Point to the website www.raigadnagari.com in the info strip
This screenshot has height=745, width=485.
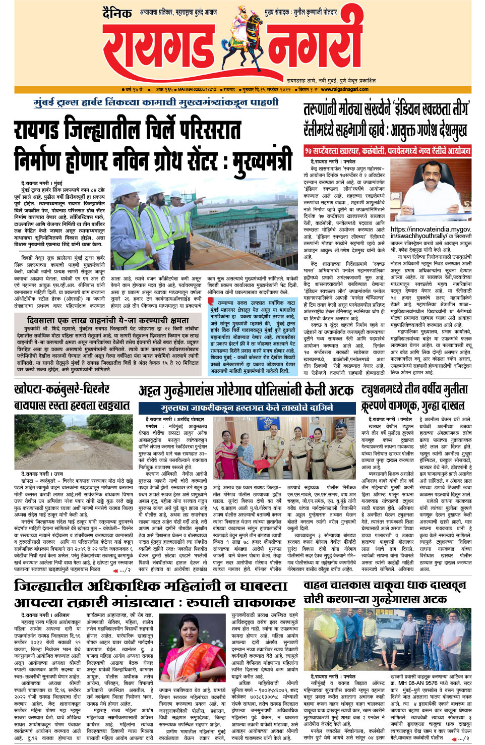344,89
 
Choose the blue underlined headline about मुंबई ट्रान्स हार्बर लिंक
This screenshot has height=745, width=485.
156,102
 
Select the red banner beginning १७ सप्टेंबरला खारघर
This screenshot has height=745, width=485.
387,150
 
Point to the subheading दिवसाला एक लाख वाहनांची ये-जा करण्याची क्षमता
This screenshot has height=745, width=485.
108,320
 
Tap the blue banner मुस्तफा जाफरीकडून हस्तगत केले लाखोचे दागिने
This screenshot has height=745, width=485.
247,408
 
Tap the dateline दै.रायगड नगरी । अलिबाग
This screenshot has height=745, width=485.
45,615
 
